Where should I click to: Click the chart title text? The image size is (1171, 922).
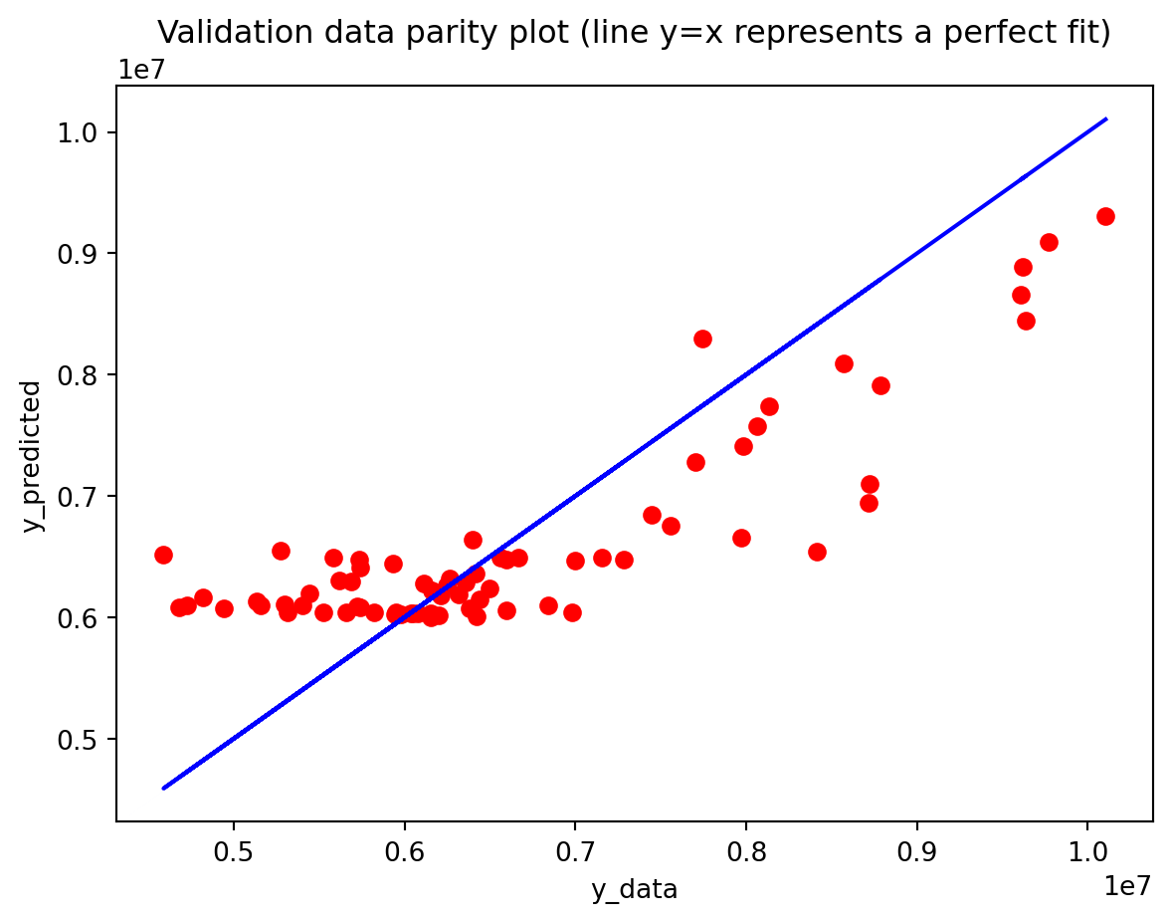coord(634,33)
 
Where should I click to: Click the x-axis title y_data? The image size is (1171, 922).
coord(634,889)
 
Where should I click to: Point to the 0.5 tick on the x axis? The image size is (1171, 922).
coord(233,854)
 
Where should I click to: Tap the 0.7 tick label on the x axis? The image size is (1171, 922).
coord(574,854)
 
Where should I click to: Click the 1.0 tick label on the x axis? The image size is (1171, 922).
coord(1086,854)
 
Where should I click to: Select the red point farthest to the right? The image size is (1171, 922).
coord(1105,216)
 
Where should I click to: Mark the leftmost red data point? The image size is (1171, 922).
coord(163,555)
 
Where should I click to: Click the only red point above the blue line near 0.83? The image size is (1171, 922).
coord(702,339)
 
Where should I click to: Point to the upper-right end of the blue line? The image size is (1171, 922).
coord(1105,119)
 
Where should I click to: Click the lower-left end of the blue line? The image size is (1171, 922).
coord(164,788)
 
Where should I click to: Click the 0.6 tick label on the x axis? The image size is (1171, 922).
coord(404,854)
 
